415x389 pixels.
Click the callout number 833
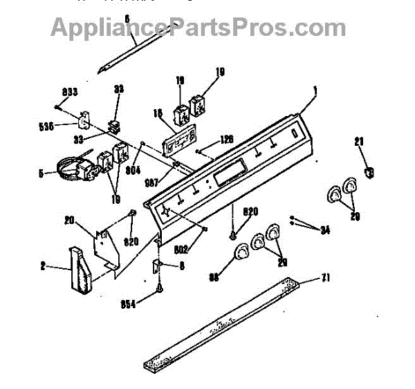(x=71, y=92)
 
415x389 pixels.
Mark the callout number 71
(x=325, y=280)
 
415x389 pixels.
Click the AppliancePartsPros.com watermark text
(x=199, y=28)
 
